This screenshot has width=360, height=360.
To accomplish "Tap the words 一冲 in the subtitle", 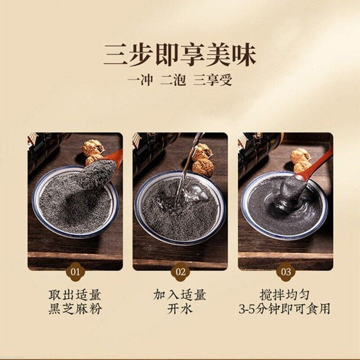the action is (140, 80).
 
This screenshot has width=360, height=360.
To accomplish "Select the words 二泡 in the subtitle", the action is (173, 80).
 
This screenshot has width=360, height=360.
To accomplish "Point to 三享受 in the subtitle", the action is (212, 80).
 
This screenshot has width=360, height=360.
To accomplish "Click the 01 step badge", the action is (75, 272).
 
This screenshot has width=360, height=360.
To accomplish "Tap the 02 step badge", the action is (181, 272).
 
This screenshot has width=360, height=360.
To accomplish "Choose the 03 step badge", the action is (286, 272).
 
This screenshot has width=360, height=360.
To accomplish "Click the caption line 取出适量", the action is (75, 295).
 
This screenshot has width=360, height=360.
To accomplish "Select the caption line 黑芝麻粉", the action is (75, 309).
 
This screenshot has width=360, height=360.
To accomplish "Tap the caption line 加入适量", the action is (180, 295).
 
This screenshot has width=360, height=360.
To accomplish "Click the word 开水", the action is (180, 309).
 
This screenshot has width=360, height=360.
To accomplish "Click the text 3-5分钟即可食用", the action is (284, 309).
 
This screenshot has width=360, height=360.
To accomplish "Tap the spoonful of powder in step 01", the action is (97, 174).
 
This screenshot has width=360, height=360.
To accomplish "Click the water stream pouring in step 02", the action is (187, 170).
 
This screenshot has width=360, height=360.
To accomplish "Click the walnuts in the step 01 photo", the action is (93, 152).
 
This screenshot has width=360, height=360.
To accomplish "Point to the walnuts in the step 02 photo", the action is (203, 160).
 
